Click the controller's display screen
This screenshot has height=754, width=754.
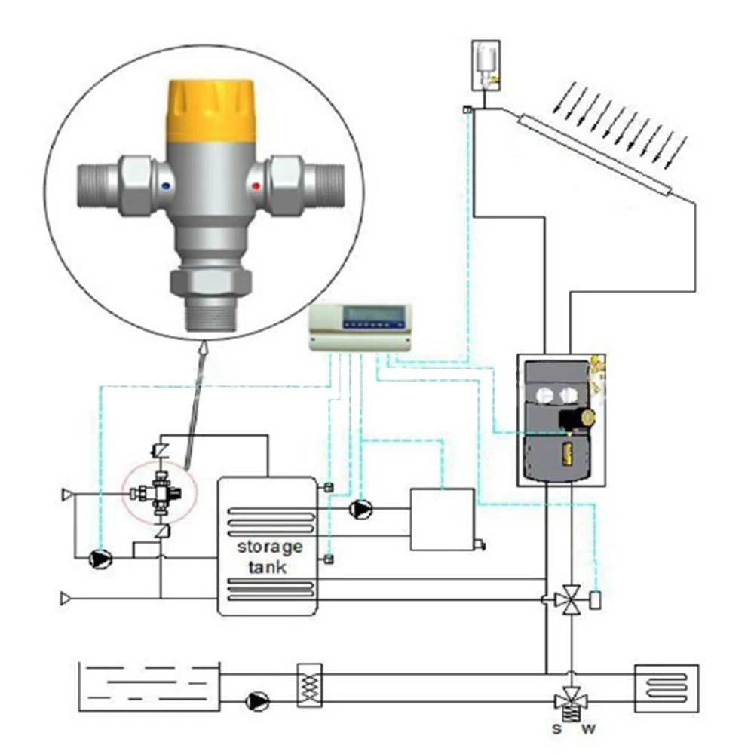374,314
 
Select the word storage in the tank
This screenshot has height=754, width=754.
270,546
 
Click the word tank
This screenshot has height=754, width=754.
270,566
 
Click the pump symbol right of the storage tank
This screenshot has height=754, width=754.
361,510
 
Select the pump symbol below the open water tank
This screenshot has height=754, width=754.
257,702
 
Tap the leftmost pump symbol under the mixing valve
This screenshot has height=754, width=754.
100,559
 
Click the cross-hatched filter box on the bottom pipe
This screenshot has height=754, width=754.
310,685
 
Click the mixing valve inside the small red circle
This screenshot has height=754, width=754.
161,494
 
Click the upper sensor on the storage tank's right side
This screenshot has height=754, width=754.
329,486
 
